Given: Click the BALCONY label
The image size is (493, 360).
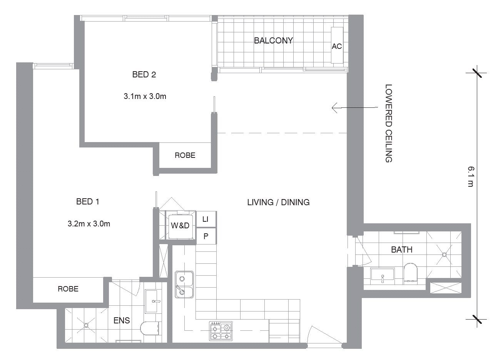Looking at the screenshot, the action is tap(273, 40).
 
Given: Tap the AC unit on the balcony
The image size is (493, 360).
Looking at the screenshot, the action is tap(337, 45).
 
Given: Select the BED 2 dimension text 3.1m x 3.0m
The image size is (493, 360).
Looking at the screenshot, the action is tap(145, 96).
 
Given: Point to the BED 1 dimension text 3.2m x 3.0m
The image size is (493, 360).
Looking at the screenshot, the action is tap(89, 224).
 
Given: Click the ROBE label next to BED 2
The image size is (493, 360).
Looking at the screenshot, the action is tap(185, 155).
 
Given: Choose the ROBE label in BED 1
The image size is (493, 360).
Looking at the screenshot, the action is tap(68, 289).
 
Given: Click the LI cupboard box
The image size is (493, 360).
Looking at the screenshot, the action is tap(206, 219).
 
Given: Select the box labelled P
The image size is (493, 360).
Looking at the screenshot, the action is tap(206, 236).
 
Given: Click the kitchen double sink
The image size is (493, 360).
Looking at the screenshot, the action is tap(184, 285).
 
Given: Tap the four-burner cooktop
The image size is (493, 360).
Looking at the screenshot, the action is tap(221, 331).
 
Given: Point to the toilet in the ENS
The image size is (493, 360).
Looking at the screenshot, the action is tap(149, 328).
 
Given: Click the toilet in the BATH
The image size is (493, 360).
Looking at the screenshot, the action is tap(411, 273).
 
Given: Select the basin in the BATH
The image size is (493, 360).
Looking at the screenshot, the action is tap(383, 276).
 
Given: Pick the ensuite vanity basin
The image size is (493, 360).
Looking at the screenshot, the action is tap(154, 301).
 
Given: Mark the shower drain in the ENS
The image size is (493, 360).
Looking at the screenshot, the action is tap(86, 325).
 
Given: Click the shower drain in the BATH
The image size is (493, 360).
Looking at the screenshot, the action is tap(444, 255).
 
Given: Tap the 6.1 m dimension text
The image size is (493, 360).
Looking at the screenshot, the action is tap(471, 177).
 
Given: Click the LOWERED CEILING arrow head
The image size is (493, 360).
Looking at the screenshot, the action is tap(332, 108).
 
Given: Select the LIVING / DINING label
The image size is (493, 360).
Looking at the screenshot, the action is tap(278, 202).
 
